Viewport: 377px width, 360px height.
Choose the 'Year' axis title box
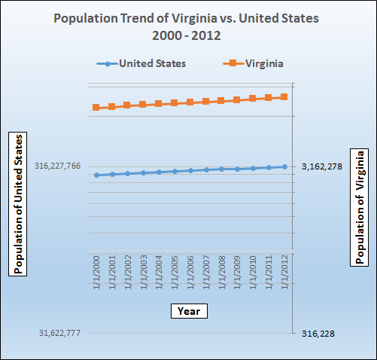pyautogui.click(x=187, y=310)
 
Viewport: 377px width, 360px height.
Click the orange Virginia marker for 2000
pyautogui.click(x=96, y=108)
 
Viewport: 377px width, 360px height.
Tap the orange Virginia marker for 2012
pyautogui.click(x=284, y=96)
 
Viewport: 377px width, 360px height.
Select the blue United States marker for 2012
pyautogui.click(x=284, y=166)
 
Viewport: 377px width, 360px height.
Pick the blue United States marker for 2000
pyautogui.click(x=96, y=175)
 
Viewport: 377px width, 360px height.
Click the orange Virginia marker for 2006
pyautogui.click(x=190, y=102)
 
